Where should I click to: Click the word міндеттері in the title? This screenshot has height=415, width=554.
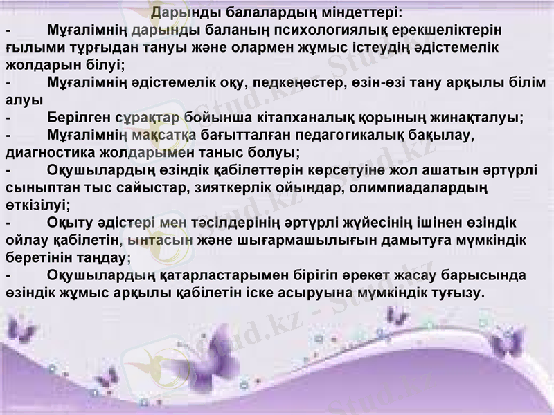pos(355,12)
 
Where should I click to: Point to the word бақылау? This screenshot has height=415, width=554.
pos(441,135)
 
